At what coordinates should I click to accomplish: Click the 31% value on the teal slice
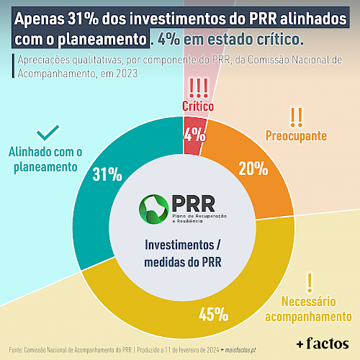pyautogui.click(x=107, y=174)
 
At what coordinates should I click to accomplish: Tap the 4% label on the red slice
pyautogui.click(x=194, y=134)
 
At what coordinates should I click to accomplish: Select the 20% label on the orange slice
pyautogui.click(x=253, y=168)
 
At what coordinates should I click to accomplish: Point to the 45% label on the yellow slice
pyautogui.click(x=214, y=314)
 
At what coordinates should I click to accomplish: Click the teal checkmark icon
pyautogui.click(x=48, y=132)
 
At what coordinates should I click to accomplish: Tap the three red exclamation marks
pyautogui.click(x=199, y=88)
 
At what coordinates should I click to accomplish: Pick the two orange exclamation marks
pyautogui.click(x=296, y=117)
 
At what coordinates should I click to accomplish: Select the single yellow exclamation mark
pyautogui.click(x=310, y=283)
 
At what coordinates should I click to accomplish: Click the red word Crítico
pyautogui.click(x=198, y=106)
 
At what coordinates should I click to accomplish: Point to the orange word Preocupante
pyautogui.click(x=296, y=136)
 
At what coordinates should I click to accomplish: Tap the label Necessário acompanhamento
pyautogui.click(x=308, y=309)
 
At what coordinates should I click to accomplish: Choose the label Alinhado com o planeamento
pyautogui.click(x=45, y=160)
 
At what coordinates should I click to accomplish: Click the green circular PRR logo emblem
pyautogui.click(x=153, y=210)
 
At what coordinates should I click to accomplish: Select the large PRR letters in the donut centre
pyautogui.click(x=194, y=204)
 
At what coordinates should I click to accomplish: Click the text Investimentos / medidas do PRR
pyautogui.click(x=183, y=253)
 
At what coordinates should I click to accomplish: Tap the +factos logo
pyautogui.click(x=323, y=343)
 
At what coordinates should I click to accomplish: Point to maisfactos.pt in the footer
pyautogui.click(x=240, y=350)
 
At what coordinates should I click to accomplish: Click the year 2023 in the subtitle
pyautogui.click(x=127, y=73)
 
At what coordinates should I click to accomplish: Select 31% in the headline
pyautogui.click(x=83, y=19)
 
